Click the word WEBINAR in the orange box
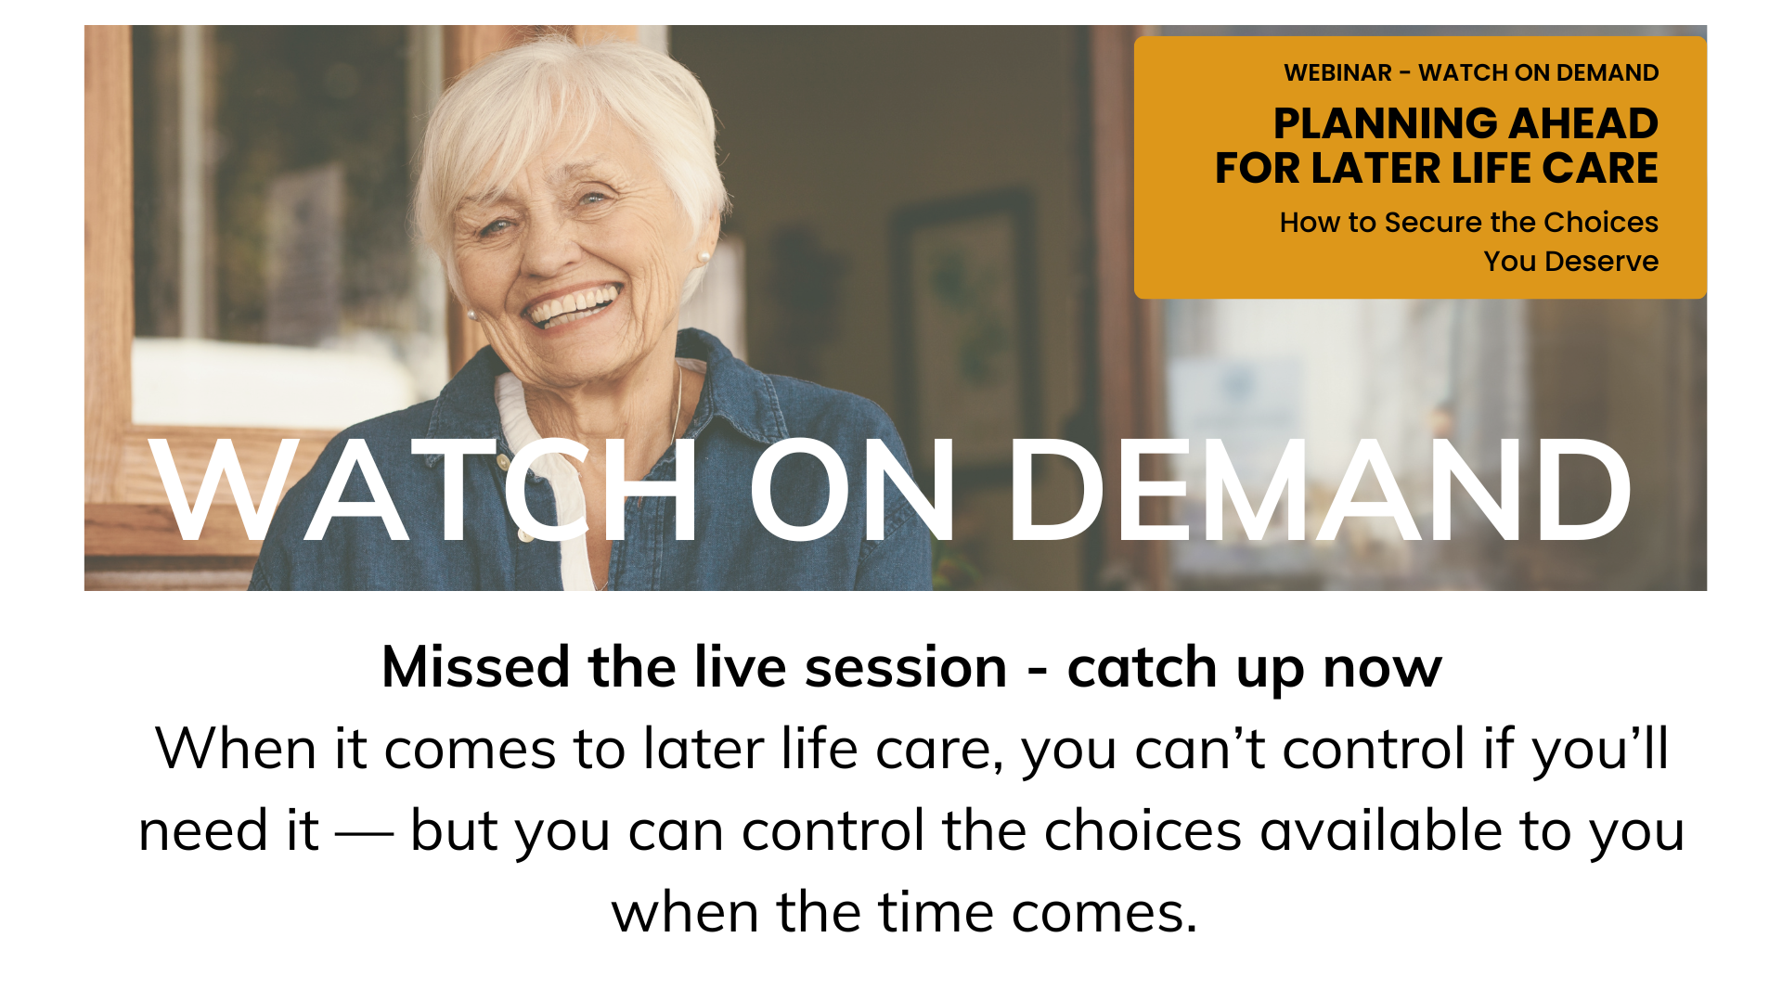[1337, 72]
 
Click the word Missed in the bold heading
[475, 667]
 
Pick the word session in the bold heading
[906, 667]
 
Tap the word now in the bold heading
[1382, 669]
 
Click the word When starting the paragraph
[236, 749]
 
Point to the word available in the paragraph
[1380, 830]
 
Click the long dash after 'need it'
[364, 832]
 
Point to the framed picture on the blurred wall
[961, 306]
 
